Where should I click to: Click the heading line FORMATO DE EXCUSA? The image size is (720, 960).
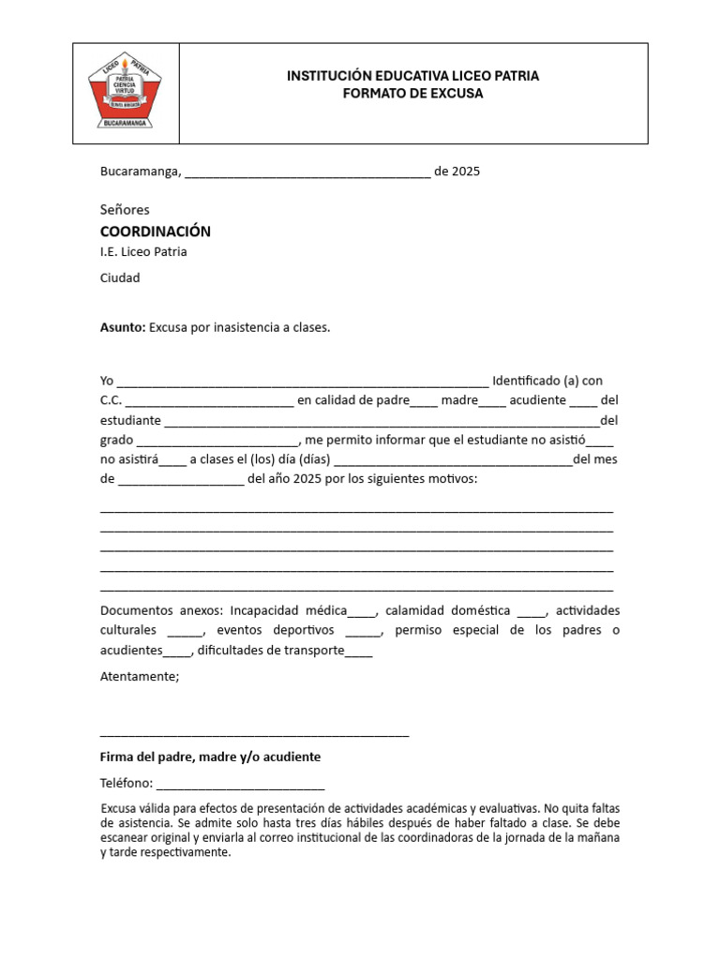[x=412, y=94]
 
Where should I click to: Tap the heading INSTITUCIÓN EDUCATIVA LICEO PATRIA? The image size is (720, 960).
[x=412, y=75]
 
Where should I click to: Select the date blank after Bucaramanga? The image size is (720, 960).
[x=308, y=172]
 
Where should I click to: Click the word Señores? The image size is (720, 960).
[x=125, y=209]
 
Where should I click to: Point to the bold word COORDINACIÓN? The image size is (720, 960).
[x=155, y=231]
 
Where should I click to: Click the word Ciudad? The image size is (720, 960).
[x=120, y=277]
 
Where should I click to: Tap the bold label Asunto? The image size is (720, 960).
[x=123, y=328]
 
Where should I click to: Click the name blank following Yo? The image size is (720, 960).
[x=302, y=382]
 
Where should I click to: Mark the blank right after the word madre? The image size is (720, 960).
[x=492, y=401]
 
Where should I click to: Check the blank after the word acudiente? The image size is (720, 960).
[x=583, y=401]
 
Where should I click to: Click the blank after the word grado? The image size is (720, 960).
[x=217, y=441]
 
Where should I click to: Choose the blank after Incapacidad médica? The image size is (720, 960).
[x=362, y=612]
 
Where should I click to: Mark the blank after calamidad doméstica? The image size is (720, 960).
[x=531, y=612]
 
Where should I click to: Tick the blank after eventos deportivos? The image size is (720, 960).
[x=364, y=632]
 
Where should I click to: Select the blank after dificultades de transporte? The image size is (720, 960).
[x=359, y=652]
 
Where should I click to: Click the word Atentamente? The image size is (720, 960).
[x=139, y=676]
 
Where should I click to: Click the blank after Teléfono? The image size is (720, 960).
[x=240, y=785]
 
